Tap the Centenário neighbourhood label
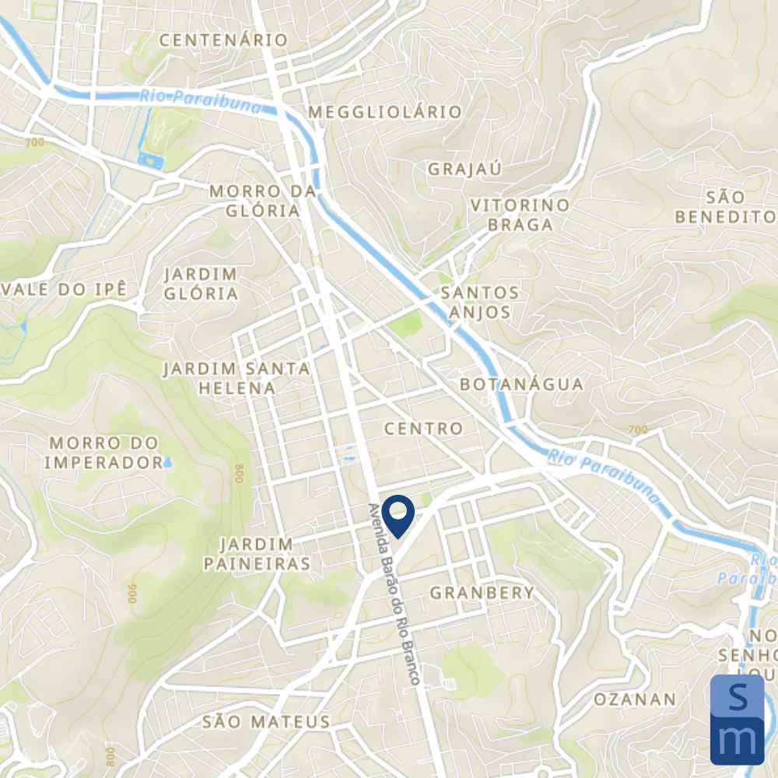point(223,40)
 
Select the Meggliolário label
point(385,112)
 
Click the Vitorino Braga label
point(520,215)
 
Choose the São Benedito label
point(725,207)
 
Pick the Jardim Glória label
point(202,284)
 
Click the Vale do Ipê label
point(63,289)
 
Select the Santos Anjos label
point(479,303)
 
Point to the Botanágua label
point(521,384)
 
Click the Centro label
point(423,429)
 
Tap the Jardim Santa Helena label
point(237,377)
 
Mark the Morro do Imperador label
point(104,453)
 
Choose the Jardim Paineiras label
point(257,554)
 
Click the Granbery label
point(482,593)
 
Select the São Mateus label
point(266,722)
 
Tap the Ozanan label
point(635,699)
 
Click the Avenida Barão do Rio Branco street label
point(394,594)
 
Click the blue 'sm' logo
point(737,720)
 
